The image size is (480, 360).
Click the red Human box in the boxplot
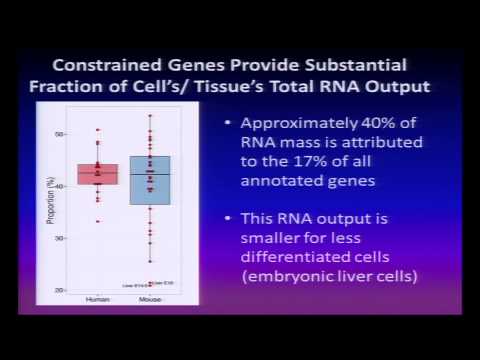click(x=98, y=173)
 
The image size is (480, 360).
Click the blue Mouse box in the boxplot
click(x=150, y=180)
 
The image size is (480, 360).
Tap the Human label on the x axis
click(x=98, y=299)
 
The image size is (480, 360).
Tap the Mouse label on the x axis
click(x=150, y=299)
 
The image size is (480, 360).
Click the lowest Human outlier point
click(x=98, y=221)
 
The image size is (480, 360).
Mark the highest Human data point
click(x=98, y=129)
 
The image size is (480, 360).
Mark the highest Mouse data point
click(x=150, y=116)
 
